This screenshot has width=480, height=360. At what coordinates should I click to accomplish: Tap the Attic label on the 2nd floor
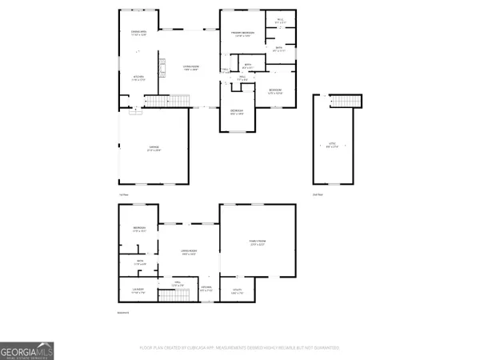334,146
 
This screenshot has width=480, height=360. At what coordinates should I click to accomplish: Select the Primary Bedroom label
242,34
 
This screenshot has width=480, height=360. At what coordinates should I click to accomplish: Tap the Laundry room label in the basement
137,290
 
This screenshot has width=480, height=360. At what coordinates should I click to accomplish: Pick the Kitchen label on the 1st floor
137,78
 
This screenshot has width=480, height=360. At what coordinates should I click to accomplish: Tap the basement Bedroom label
139,230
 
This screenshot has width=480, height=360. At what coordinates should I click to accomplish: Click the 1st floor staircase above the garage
158,100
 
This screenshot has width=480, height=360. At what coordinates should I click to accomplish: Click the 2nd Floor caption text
318,194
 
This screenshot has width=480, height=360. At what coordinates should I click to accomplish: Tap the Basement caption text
123,313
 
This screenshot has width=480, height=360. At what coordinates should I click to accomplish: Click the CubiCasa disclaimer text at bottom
240,348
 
